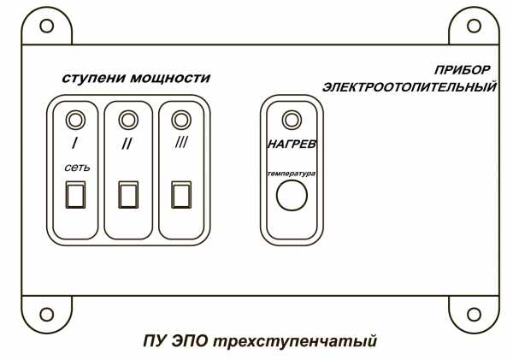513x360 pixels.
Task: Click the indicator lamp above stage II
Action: click(127, 118)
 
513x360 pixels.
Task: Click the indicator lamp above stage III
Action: click(180, 118)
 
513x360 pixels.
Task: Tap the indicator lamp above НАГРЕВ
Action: click(292, 118)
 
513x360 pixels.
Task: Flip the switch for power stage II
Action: click(127, 195)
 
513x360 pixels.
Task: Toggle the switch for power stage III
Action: click(180, 195)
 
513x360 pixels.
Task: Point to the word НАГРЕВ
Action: click(292, 145)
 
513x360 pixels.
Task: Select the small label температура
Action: click(292, 173)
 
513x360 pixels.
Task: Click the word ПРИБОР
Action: click(463, 68)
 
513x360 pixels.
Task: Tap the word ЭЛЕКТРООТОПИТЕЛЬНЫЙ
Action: click(410, 86)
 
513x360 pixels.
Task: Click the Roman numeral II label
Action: click(127, 144)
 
